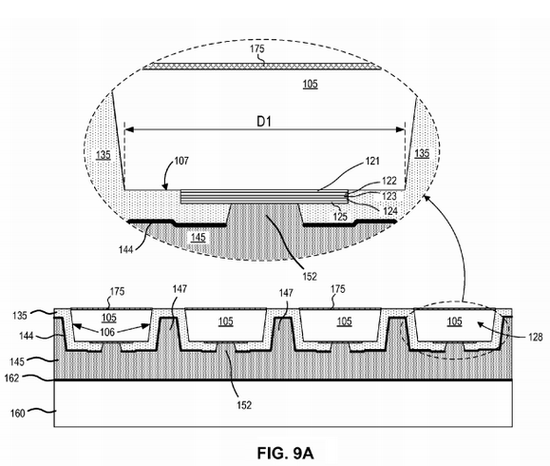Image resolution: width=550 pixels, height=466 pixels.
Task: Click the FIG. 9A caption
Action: (285, 453)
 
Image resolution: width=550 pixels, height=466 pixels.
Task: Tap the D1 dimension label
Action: (264, 122)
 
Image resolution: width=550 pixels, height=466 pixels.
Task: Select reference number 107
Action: (181, 161)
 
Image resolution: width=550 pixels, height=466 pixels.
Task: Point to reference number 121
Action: (372, 161)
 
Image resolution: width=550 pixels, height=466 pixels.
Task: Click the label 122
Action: (389, 181)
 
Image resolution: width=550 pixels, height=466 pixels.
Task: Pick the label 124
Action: (390, 211)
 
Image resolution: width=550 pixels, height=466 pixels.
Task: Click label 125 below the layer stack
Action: (340, 216)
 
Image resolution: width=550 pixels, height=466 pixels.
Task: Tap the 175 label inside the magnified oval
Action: (257, 49)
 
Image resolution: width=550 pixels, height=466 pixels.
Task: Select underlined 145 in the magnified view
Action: (199, 237)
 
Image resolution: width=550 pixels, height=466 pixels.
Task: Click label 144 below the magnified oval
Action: (126, 249)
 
